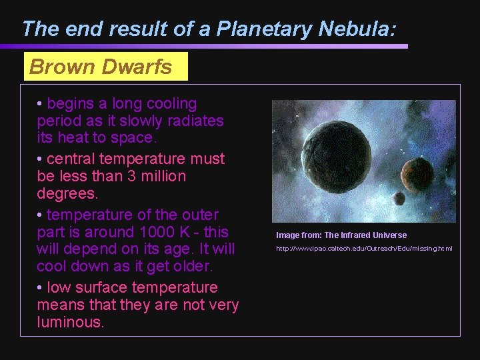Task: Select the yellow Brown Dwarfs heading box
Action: click(x=106, y=67)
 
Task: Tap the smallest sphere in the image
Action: click(x=399, y=198)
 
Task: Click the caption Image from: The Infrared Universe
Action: click(x=341, y=235)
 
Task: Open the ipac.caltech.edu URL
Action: click(x=364, y=249)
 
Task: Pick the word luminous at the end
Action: click(x=71, y=323)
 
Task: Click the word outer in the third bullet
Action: click(x=201, y=215)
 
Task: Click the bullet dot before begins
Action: click(x=41, y=105)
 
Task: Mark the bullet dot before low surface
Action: click(x=41, y=288)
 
